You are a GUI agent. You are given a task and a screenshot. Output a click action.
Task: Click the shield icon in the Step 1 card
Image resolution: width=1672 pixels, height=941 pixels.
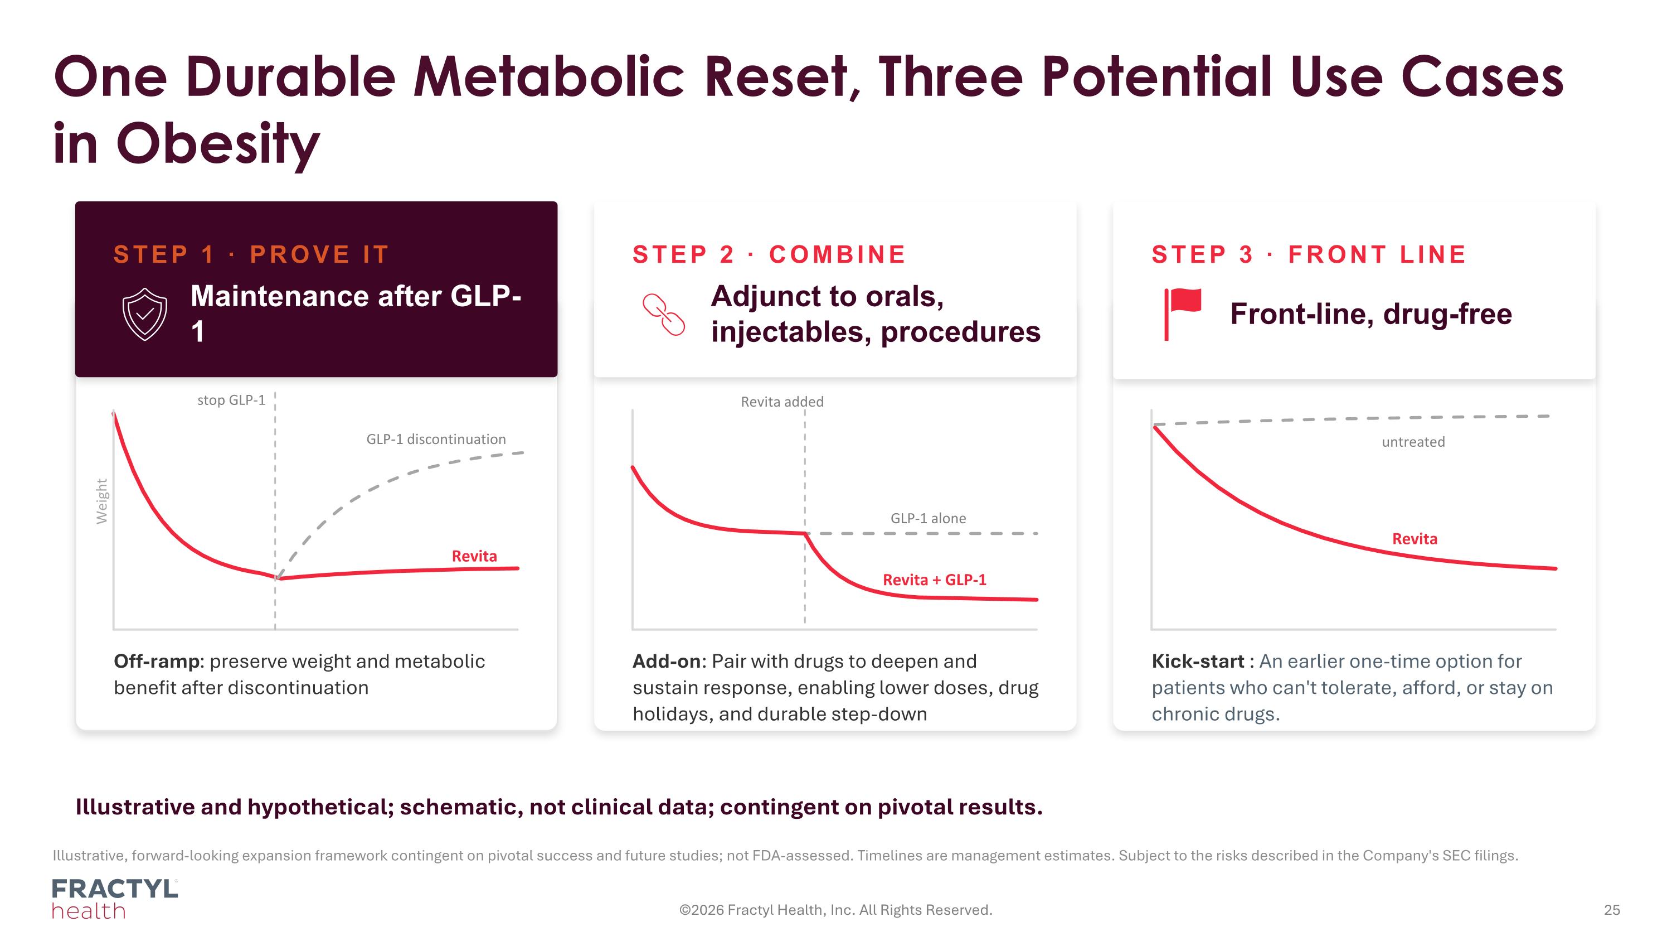click(x=145, y=314)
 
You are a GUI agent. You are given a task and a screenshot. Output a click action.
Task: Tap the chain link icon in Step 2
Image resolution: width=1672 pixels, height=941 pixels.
click(x=663, y=314)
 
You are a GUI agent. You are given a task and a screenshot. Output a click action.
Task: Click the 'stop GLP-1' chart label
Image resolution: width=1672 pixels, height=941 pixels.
click(x=232, y=400)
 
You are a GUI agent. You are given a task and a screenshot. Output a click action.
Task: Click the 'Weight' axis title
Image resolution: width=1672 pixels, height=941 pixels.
click(x=102, y=501)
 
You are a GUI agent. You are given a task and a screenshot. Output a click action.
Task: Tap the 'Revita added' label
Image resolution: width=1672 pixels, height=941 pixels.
click(x=782, y=402)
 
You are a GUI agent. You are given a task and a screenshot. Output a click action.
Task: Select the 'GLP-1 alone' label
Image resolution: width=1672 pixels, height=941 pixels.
click(x=928, y=518)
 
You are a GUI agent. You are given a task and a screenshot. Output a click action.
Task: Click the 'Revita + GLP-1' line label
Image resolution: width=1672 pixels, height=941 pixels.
click(x=935, y=580)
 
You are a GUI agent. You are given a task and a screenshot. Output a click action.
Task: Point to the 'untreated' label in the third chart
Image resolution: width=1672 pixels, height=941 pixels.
click(x=1413, y=442)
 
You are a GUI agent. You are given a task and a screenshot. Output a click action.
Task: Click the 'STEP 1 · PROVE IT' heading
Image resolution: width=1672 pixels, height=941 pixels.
click(x=252, y=254)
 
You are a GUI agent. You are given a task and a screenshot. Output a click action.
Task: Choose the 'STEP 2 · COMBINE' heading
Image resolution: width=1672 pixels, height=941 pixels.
click(x=770, y=254)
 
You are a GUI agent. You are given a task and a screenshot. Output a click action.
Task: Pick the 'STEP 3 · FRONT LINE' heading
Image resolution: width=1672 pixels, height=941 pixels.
click(x=1309, y=254)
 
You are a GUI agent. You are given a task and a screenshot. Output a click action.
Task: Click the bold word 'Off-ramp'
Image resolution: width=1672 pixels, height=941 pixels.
click(x=157, y=661)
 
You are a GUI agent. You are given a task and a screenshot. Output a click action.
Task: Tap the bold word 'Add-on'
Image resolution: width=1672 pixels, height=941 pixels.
click(x=667, y=661)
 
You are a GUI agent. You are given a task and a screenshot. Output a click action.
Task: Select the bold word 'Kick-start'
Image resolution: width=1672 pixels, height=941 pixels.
click(x=1198, y=661)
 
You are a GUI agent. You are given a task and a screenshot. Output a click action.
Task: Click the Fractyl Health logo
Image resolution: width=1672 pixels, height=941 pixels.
click(x=115, y=899)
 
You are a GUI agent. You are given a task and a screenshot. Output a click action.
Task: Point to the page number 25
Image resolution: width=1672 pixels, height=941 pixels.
click(x=1612, y=910)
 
